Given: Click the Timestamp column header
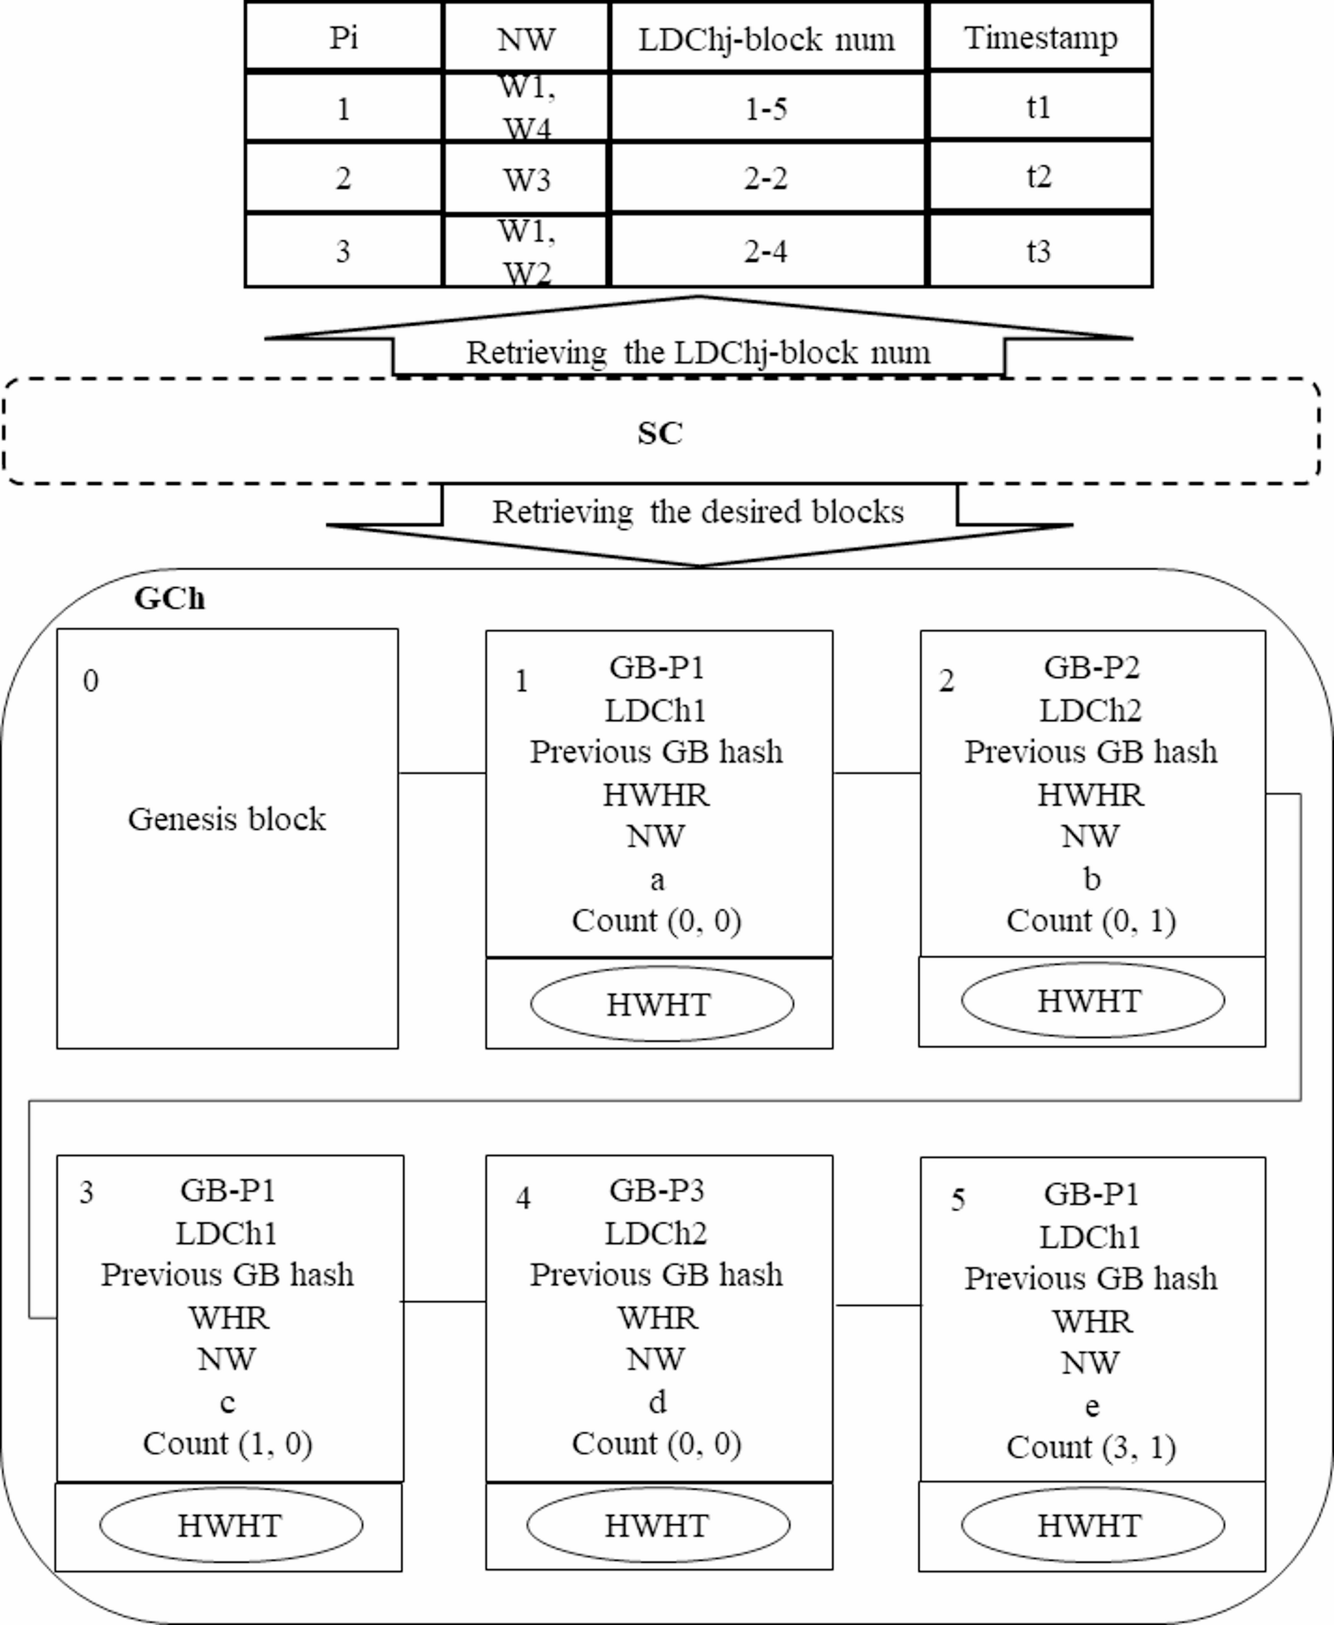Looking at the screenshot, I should click(x=1040, y=37).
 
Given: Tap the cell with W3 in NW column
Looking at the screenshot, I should click(x=526, y=179).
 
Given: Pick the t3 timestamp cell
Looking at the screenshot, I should click(x=1039, y=250).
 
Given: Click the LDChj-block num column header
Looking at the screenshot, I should click(x=766, y=39).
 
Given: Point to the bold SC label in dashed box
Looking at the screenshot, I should click(x=659, y=433).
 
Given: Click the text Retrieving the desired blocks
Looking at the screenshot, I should click(x=698, y=512).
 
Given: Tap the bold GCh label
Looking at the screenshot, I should click(x=169, y=598).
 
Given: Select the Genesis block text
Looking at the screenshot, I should click(x=227, y=819).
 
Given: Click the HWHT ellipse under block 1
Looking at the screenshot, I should click(x=661, y=1004).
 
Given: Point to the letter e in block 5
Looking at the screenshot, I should click(x=1091, y=1405).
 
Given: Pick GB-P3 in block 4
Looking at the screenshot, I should click(x=656, y=1190).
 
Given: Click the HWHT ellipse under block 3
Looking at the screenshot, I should click(x=230, y=1525).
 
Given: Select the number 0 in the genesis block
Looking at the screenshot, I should click(x=91, y=681).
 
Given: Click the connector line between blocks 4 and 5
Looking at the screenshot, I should click(x=877, y=1305).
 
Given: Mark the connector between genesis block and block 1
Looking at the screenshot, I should click(x=442, y=772).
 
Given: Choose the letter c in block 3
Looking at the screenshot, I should click(x=228, y=1402).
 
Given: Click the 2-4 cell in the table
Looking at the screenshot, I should click(x=765, y=251).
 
